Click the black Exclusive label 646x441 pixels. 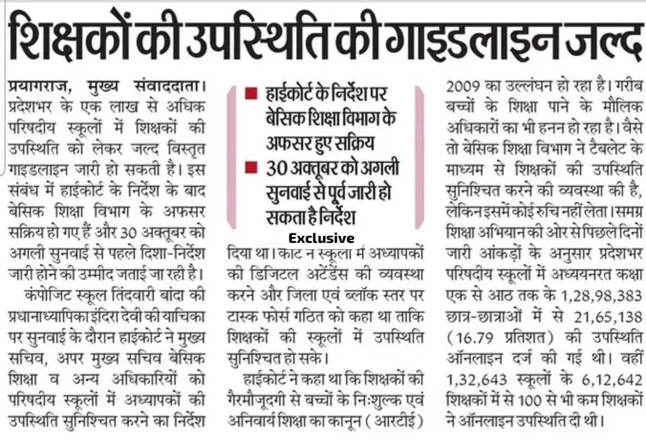(x=321, y=238)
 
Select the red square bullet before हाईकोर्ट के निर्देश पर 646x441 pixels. (x=252, y=95)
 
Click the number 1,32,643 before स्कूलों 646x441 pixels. (x=474, y=379)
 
